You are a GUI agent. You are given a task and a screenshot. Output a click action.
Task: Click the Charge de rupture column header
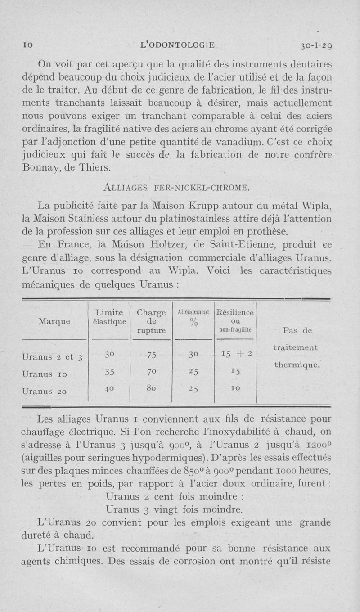[x=151, y=321]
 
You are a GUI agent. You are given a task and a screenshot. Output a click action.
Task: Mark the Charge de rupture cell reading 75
[x=151, y=355]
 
